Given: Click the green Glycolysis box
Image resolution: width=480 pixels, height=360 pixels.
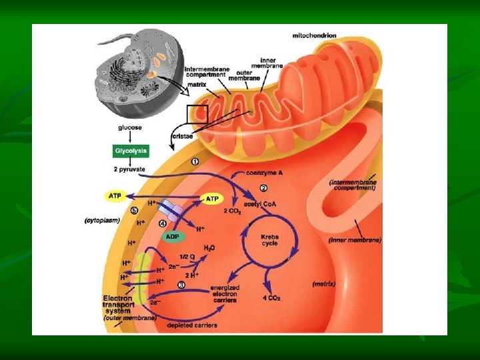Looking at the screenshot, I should click(x=131, y=151).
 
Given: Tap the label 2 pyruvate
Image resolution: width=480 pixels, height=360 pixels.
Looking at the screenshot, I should click(x=130, y=169).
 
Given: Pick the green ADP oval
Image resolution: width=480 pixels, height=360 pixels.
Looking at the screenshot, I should click(x=173, y=236).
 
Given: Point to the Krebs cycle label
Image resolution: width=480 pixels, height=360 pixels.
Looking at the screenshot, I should click(x=269, y=240).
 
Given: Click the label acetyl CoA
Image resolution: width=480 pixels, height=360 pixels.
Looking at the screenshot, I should click(x=261, y=204).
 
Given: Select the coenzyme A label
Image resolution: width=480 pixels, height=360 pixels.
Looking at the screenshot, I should click(x=264, y=173).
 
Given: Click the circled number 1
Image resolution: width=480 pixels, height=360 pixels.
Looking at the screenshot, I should click(x=195, y=161).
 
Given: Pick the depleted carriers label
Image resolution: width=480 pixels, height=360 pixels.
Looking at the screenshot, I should click(x=195, y=324).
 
